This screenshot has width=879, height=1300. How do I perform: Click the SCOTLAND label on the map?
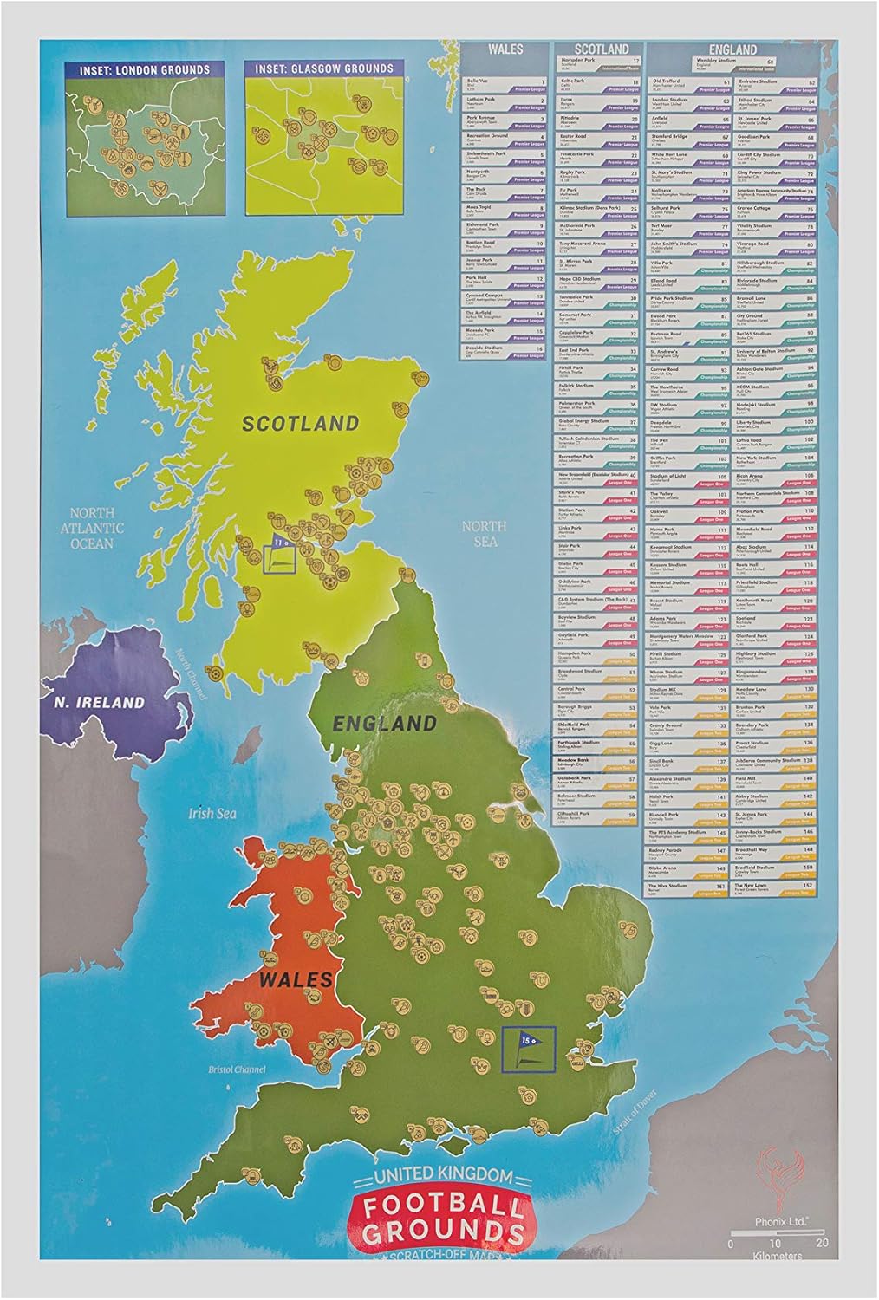[x=299, y=424]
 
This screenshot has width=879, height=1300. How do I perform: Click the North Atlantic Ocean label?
[x=92, y=528]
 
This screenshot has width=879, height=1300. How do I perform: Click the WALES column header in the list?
[x=505, y=49]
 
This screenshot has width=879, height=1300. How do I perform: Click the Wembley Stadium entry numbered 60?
[x=733, y=64]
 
